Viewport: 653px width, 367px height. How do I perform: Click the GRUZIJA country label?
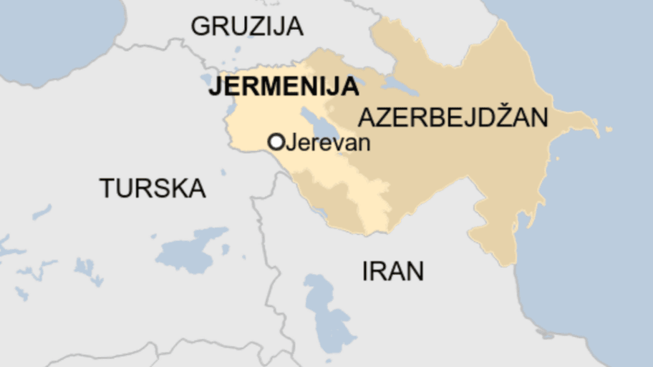(247, 26)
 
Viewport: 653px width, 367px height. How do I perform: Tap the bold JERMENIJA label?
(284, 87)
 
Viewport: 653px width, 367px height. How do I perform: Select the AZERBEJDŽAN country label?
(453, 117)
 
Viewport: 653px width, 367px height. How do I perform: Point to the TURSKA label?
(153, 189)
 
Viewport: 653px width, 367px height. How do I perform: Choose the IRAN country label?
(393, 271)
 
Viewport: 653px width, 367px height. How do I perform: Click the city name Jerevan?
(328, 142)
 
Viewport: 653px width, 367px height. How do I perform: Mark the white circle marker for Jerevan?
(276, 142)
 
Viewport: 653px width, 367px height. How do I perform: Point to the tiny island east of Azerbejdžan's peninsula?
(609, 129)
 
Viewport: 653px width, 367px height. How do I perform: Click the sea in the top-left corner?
(50, 29)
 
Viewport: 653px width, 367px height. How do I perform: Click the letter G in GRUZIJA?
(200, 26)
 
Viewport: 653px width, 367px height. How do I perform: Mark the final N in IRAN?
(415, 271)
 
